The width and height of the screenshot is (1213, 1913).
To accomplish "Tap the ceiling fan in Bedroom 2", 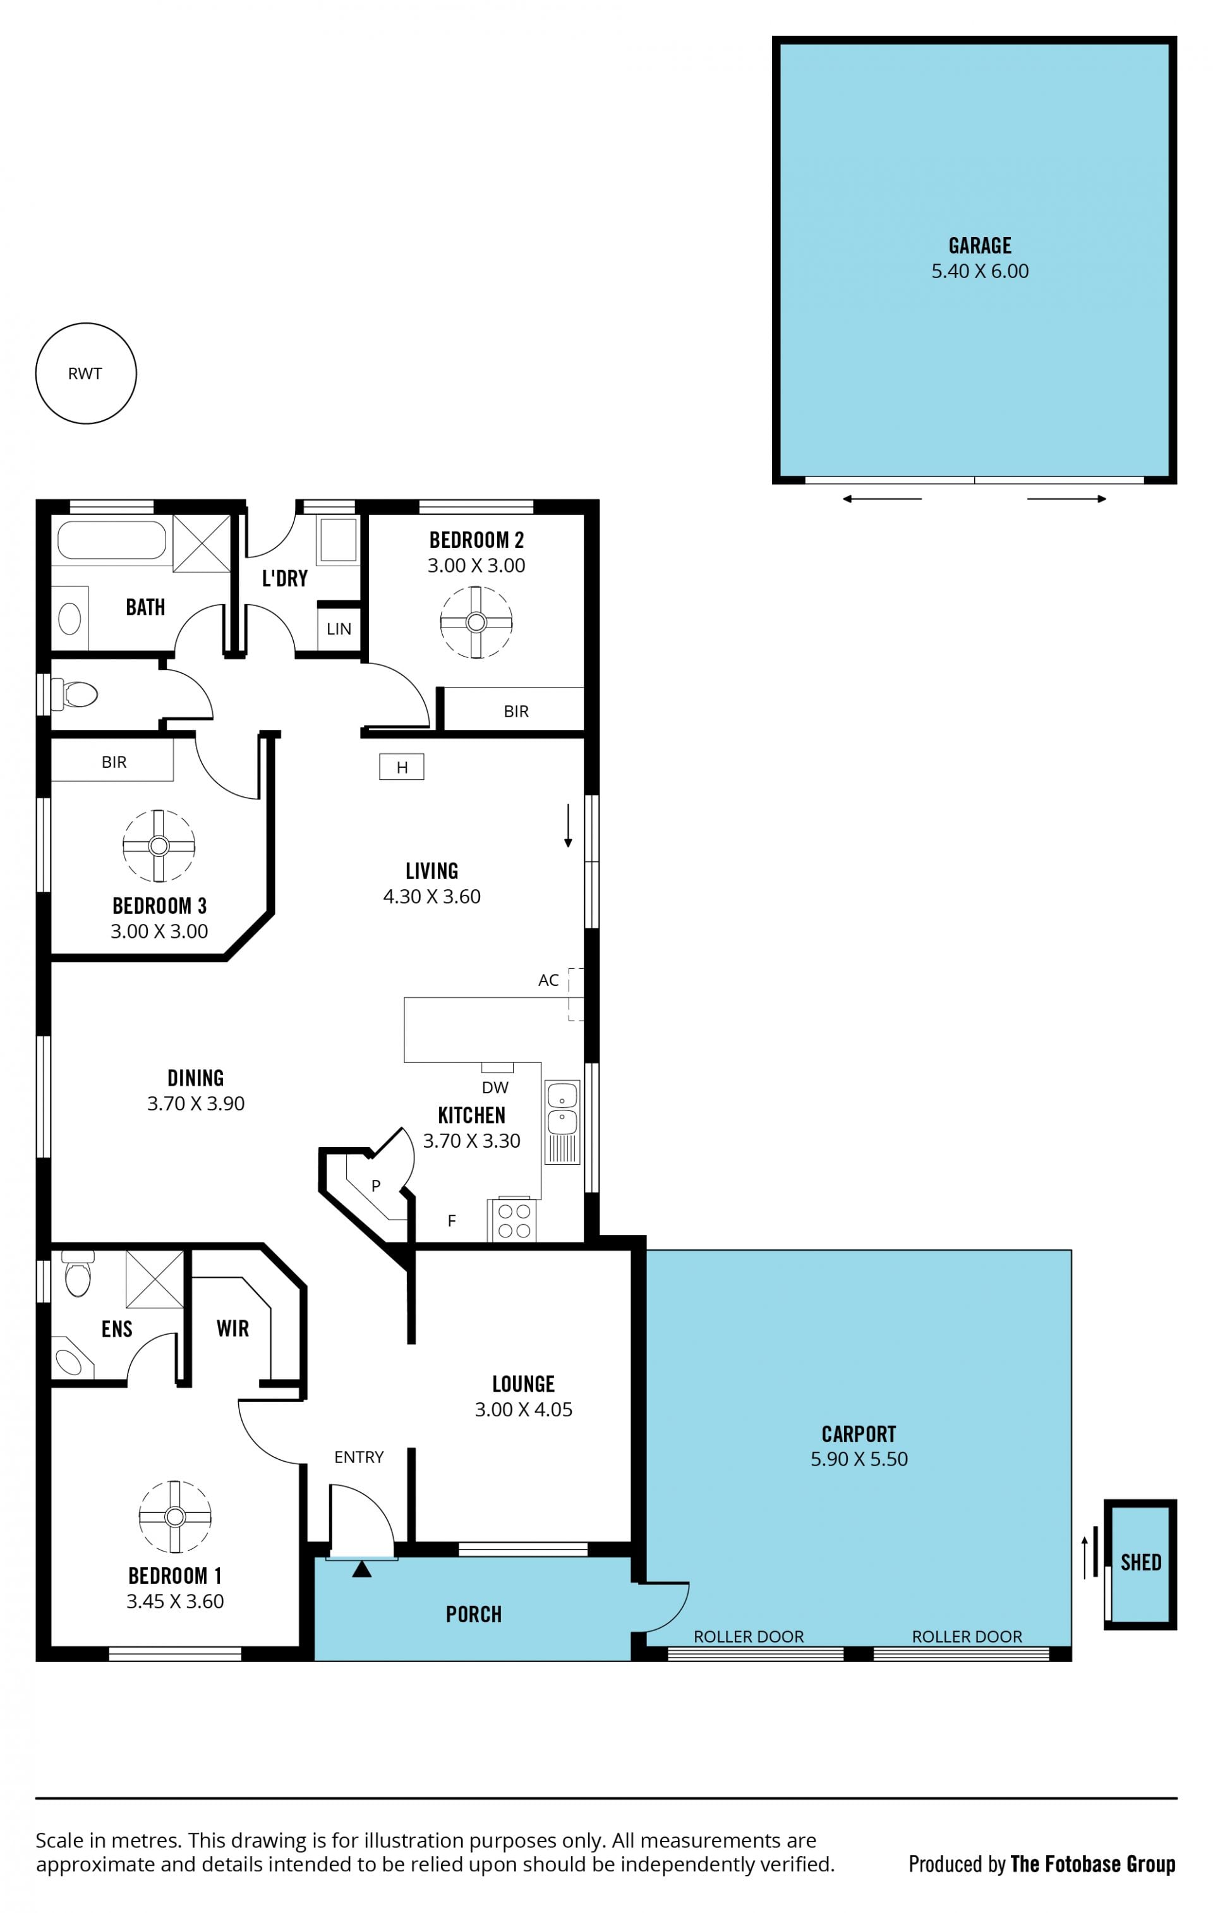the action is (x=476, y=622).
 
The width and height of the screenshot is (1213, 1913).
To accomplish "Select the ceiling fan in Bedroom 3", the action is (x=159, y=846).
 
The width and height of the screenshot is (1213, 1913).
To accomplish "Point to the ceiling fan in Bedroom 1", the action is (x=175, y=1517).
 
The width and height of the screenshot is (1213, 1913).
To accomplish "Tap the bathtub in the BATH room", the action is (x=111, y=540).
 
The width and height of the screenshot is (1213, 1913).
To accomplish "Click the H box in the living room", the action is (x=401, y=767).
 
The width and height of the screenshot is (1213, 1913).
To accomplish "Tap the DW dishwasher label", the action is (x=495, y=1088).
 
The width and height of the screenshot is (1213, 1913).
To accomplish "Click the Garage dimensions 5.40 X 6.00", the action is (x=979, y=271).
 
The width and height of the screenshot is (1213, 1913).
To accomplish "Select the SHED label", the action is (x=1141, y=1563).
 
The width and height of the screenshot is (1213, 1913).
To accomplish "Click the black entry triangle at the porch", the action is (x=361, y=1569).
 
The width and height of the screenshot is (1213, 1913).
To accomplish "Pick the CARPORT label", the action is (x=859, y=1434).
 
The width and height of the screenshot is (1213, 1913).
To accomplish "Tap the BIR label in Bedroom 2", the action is (x=516, y=711).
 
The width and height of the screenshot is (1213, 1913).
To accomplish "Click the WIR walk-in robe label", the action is (x=232, y=1328).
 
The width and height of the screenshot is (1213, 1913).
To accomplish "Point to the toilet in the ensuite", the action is (x=78, y=1273).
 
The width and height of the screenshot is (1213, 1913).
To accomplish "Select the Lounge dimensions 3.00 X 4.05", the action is (x=524, y=1409).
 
